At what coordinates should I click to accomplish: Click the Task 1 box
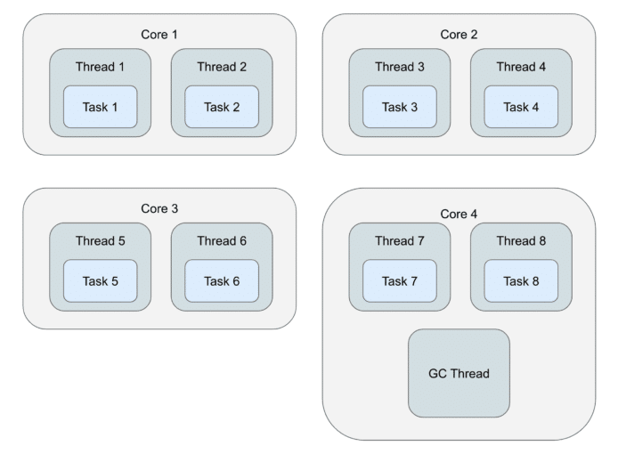point(100,107)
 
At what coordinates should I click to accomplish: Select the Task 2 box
point(222,107)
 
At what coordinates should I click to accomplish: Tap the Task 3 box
point(400,107)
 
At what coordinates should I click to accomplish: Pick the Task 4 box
point(521,107)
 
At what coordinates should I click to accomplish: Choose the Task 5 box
point(100,281)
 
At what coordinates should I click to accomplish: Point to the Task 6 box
point(222,281)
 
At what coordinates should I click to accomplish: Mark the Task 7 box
point(400,281)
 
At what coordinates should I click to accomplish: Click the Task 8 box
point(521,281)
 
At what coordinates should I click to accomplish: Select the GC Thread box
point(459,373)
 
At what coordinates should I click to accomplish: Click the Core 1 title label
point(159,35)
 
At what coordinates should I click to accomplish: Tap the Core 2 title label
point(459,35)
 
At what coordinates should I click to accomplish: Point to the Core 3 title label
point(159,208)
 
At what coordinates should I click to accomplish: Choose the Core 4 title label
point(459,214)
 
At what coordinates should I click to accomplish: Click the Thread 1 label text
point(100,67)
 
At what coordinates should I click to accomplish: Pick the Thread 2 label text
point(222,67)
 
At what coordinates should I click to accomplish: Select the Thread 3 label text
point(400,67)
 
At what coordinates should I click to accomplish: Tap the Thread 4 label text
point(521,67)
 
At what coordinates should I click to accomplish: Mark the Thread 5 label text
point(100,240)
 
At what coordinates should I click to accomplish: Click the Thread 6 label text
point(222,240)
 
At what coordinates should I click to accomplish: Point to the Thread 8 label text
point(521,240)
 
